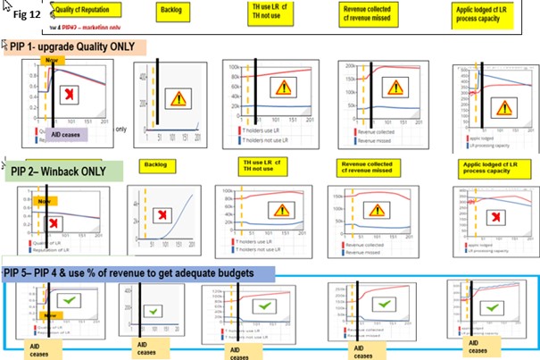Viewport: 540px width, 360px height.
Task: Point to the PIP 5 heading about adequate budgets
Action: [134, 272]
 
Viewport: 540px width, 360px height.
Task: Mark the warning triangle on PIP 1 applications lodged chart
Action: [504, 108]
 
